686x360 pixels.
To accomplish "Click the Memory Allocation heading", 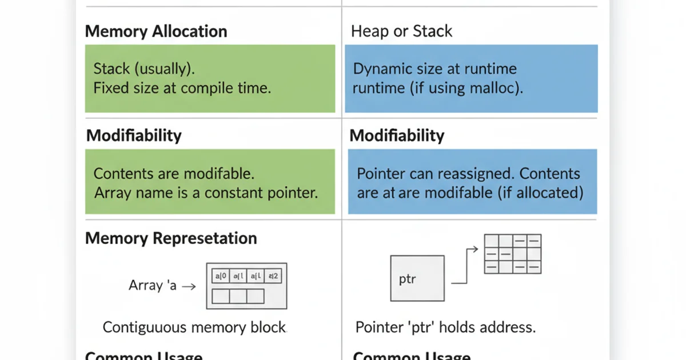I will point(156,31).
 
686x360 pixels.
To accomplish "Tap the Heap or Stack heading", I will point(401,31).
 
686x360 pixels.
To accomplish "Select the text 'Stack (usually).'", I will point(144,69).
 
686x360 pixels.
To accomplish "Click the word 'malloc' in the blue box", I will point(500,89).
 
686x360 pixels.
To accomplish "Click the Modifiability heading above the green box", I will point(134,135).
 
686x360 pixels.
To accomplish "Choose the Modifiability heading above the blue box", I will point(397,135).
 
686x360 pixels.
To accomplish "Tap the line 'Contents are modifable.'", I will point(174,174).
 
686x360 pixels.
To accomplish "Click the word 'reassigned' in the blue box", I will point(479,174).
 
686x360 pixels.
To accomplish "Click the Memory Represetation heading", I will point(171,238).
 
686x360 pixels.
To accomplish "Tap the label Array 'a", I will point(153,286).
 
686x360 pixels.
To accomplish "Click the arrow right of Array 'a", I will point(189,286).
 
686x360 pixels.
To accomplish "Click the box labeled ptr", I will point(417,278).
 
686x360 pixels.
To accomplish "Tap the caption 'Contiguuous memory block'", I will point(194,327).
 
